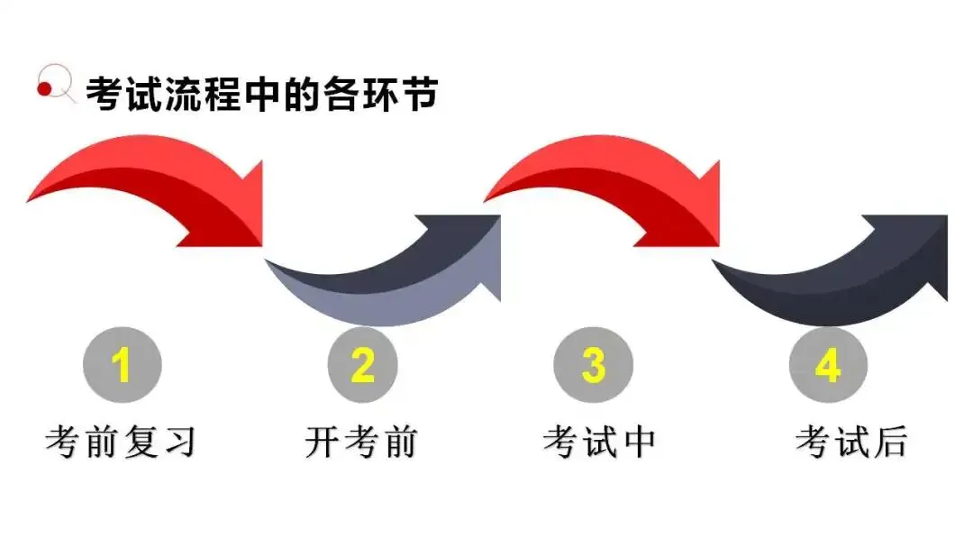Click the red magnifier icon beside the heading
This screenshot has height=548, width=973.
coord(54,87)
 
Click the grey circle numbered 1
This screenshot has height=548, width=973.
coord(123,365)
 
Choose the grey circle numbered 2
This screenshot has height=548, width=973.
coord(362,365)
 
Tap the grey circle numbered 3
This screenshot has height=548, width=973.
coord(593,365)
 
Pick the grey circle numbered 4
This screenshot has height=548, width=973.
coord(828,365)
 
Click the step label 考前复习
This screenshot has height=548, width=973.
coord(121,442)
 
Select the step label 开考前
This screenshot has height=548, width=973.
coord(361,442)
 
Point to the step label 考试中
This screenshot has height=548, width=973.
coord(599,442)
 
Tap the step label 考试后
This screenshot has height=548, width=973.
coord(851,442)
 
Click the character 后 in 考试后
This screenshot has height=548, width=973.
coord(891,442)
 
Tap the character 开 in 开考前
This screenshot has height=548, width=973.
coord(323,442)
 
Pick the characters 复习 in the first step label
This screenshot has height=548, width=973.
coord(159,442)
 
